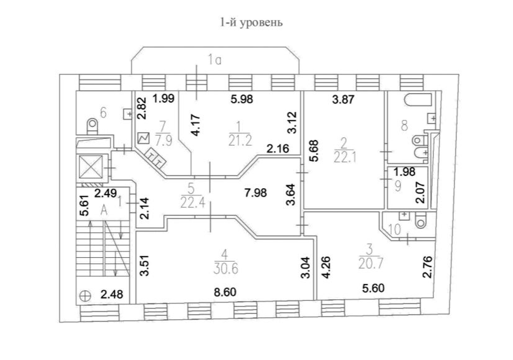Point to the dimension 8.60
click(226, 292)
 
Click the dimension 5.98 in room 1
click(242, 99)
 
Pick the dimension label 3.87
click(343, 99)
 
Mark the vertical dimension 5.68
click(315, 151)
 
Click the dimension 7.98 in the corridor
click(255, 193)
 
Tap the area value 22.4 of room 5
click(193, 203)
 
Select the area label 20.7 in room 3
click(371, 263)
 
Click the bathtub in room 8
click(419, 100)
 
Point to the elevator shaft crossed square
click(91, 166)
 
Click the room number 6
click(103, 113)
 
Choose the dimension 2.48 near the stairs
click(112, 294)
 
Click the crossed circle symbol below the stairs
click(85, 295)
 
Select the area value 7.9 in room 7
click(163, 142)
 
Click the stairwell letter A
click(104, 210)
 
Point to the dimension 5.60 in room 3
click(373, 289)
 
